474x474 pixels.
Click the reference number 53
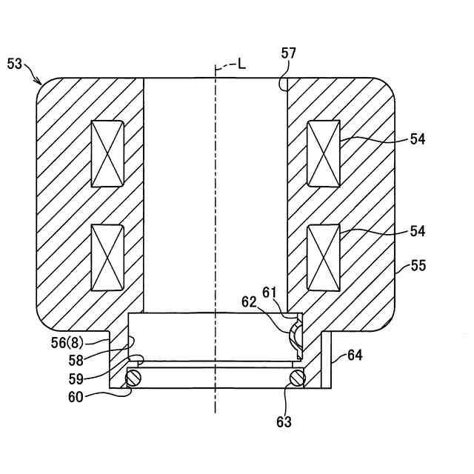pos(15,64)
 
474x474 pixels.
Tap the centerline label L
pos(241,64)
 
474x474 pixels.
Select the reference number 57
pos(288,53)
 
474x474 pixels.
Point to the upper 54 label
pos(418,138)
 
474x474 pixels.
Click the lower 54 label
pos(418,231)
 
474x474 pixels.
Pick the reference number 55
pos(418,266)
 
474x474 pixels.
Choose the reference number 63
pos(284,422)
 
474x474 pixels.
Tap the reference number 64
pos(355,356)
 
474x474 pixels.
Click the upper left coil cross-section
pos(107,153)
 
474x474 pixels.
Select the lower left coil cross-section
pos(107,258)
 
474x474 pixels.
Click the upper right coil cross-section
pos(323,153)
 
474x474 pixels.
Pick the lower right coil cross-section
pos(323,258)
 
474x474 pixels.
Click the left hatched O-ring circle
pos(133,378)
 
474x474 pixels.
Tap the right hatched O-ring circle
pos(297,378)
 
